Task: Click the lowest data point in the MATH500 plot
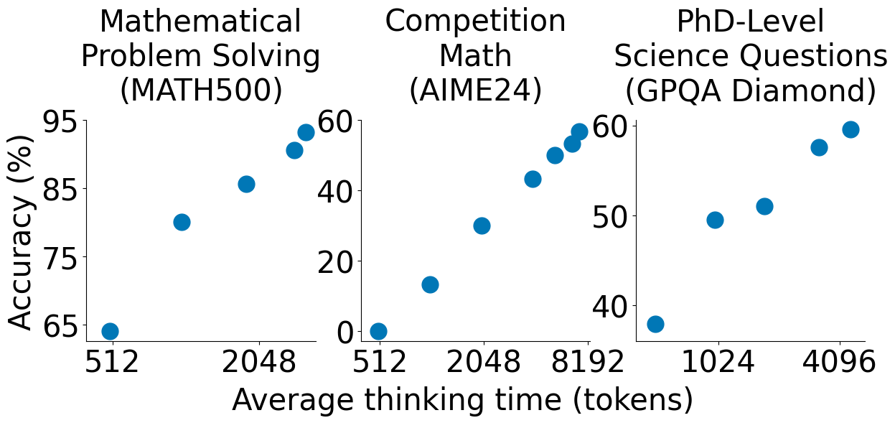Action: click(x=110, y=331)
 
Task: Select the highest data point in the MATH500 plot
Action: click(x=306, y=132)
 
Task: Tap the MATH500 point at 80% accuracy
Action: click(x=182, y=222)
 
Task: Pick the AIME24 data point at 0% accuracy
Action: click(x=378, y=331)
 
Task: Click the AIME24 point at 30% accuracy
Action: click(x=482, y=226)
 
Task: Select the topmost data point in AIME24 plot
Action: click(x=579, y=131)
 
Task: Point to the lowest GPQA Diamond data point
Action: click(x=655, y=324)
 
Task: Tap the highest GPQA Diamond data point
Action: click(x=851, y=129)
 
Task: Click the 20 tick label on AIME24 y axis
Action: click(x=336, y=261)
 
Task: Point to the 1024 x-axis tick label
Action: click(x=718, y=363)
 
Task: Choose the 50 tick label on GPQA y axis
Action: click(x=611, y=216)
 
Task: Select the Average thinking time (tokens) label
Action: click(x=462, y=400)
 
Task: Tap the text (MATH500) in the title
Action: click(x=201, y=90)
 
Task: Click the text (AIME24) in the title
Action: click(x=475, y=90)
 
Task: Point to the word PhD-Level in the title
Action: click(x=750, y=23)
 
